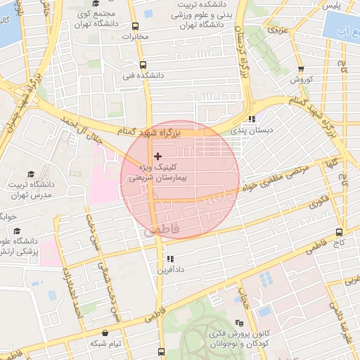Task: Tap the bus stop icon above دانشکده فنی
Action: pyautogui.click(x=143, y=62)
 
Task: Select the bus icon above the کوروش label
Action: pyautogui.click(x=301, y=68)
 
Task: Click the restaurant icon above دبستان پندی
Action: pyautogui.click(x=252, y=119)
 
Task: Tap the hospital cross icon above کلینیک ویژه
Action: pyautogui.click(x=157, y=155)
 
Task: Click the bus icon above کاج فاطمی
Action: pyautogui.click(x=340, y=231)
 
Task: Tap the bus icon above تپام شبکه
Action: pyautogui.click(x=105, y=333)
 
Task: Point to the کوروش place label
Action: pyautogui.click(x=301, y=79)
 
